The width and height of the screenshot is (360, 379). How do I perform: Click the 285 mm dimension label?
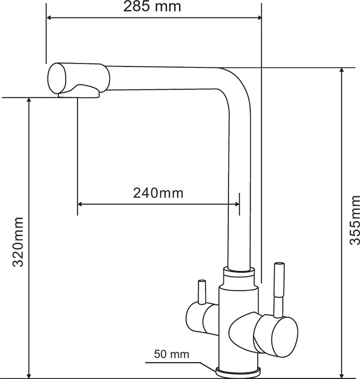152,6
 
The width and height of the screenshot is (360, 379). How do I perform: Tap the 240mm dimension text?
158,193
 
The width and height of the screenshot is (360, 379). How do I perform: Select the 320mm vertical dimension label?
18,242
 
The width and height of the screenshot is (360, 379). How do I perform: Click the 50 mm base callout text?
171,354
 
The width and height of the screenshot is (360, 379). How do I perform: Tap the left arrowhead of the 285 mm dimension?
49,18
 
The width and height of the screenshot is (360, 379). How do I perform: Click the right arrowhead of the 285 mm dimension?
259,18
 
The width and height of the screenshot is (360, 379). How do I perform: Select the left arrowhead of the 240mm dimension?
80,205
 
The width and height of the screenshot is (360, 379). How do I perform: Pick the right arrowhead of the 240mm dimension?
237,205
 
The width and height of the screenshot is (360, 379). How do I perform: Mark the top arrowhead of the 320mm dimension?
29,100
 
